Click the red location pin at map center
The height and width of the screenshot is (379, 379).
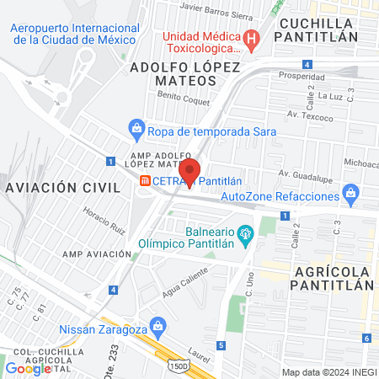pyautogui.click(x=189, y=171)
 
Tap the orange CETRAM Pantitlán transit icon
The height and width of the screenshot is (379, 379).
pyautogui.click(x=146, y=180)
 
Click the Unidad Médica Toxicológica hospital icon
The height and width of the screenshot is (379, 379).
pyautogui.click(x=250, y=38)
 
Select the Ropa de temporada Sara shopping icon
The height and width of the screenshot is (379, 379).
pyautogui.click(x=136, y=131)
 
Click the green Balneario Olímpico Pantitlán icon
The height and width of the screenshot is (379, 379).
pyautogui.click(x=245, y=233)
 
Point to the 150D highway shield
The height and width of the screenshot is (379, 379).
pyautogui.click(x=178, y=366)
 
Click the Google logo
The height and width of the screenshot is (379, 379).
pyautogui.click(x=28, y=368)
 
